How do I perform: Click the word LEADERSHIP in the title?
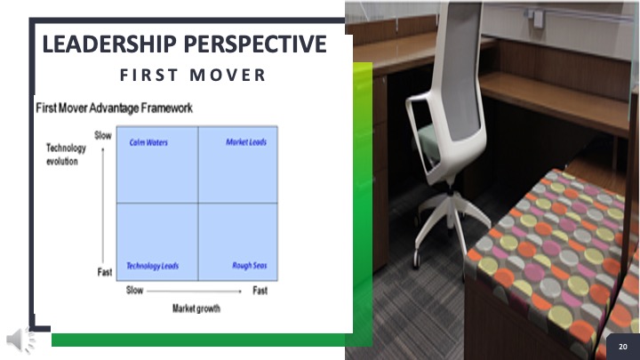109,44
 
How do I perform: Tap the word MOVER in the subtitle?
228,75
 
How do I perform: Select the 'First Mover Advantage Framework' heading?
115,108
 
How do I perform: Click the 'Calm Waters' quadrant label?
148,142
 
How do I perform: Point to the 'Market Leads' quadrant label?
246,142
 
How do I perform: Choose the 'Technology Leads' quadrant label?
152,266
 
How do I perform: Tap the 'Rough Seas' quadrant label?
250,266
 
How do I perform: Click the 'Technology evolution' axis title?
66,155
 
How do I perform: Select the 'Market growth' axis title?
196,308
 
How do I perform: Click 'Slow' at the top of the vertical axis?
103,135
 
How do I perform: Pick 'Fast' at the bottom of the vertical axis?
105,272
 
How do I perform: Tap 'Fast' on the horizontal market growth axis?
260,291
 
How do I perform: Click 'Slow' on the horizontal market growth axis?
134,290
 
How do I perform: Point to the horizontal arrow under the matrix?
195,291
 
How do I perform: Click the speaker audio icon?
20,340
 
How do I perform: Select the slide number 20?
623,347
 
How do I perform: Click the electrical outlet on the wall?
539,19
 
